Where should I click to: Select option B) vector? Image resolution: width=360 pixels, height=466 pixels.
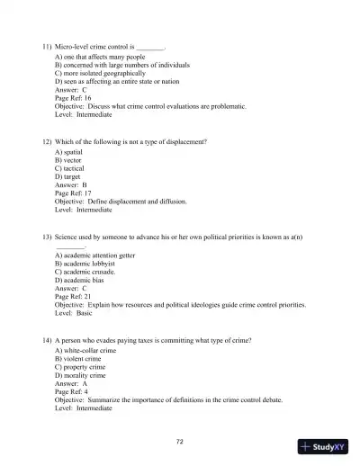(70, 160)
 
